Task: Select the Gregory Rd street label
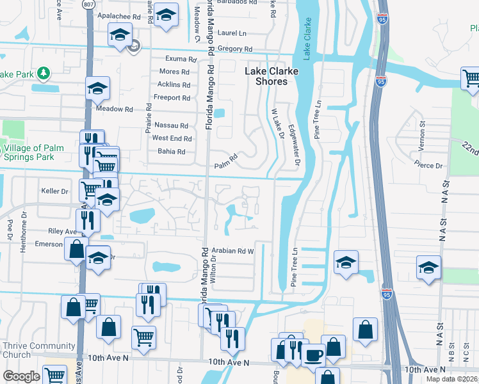coord(235,49)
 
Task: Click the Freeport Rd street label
coord(172,98)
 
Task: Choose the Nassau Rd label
coord(170,126)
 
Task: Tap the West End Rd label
coord(172,138)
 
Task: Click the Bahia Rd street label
coord(171,152)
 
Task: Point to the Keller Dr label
coord(54,191)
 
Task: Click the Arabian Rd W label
coord(234,252)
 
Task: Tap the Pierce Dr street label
coord(430,166)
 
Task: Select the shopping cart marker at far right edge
coord(471,79)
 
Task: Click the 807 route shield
coord(88,4)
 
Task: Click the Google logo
coord(21,376)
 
